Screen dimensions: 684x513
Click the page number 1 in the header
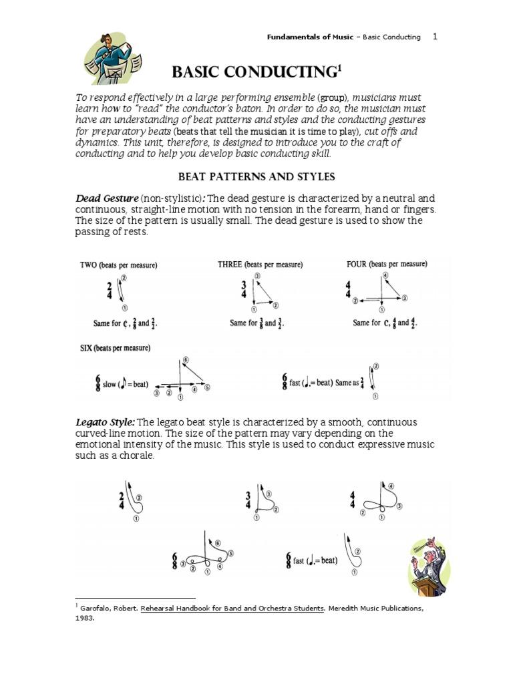pos(435,37)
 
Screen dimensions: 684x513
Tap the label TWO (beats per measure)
pos(118,265)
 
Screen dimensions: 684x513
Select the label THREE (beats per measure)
pos(260,265)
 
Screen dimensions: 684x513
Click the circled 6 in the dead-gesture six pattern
pos(185,359)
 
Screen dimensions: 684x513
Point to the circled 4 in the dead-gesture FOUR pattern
pos(385,275)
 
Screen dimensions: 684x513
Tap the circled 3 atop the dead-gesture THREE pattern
pos(257,275)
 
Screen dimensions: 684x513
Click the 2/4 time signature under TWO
pos(109,289)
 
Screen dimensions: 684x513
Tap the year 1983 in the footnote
pos(85,618)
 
